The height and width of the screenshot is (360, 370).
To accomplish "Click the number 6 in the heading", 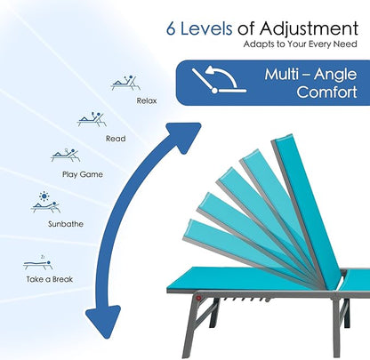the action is (x=171, y=29).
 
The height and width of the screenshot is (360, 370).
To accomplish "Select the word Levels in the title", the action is (x=206, y=28).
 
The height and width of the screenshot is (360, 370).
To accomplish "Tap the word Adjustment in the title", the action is (x=309, y=29).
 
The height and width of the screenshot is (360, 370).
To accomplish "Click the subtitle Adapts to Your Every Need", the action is (x=300, y=44).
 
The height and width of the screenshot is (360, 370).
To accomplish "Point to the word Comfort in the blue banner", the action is (x=326, y=92).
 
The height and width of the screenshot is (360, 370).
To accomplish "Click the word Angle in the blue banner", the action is (x=335, y=75).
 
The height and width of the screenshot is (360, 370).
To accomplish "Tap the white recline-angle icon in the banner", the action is (x=219, y=79).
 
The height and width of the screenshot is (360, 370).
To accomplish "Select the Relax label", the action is (x=147, y=100).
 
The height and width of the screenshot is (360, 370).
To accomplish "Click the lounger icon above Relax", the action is (x=125, y=83).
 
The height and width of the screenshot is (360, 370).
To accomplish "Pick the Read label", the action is (x=116, y=139).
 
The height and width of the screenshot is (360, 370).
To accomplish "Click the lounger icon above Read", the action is (x=92, y=119).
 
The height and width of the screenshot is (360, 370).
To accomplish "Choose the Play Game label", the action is (x=83, y=174).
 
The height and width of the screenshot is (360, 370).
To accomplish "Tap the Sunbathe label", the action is (x=66, y=224).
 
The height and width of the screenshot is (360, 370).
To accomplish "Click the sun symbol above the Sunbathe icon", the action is (x=44, y=196).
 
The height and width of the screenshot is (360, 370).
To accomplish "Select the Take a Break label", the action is (x=50, y=279).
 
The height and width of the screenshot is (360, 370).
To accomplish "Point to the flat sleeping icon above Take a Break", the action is (x=38, y=263).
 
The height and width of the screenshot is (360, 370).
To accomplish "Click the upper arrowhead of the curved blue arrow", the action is (x=183, y=136).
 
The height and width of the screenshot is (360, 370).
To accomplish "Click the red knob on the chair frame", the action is (x=198, y=298).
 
